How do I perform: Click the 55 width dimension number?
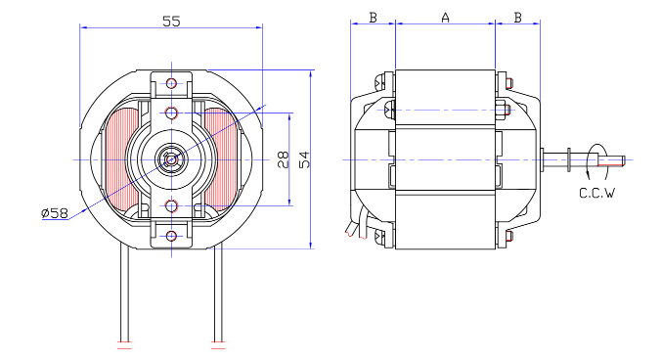(170, 21)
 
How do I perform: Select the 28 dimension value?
(282, 159)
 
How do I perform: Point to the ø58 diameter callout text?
(54, 213)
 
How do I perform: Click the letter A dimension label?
(446, 18)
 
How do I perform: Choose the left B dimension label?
(373, 18)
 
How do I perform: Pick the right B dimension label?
(517, 18)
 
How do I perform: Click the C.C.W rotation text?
(596, 193)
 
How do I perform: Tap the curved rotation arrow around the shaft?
(592, 161)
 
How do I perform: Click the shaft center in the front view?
(172, 158)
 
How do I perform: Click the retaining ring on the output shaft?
(567, 159)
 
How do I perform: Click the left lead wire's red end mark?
(123, 347)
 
